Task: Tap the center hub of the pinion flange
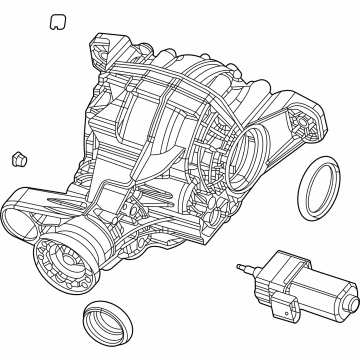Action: point(60,263)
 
